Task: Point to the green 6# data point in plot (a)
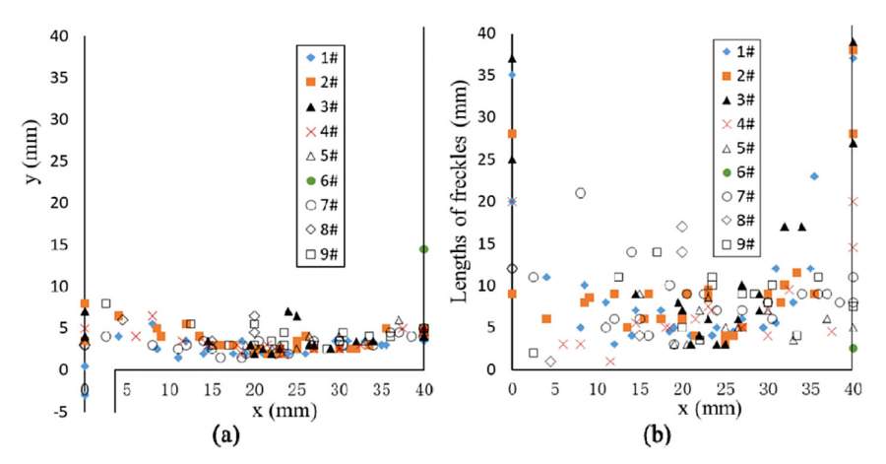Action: (x=423, y=249)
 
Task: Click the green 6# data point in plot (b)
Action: (x=853, y=348)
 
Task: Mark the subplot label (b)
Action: (x=681, y=435)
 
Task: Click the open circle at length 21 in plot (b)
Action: (x=581, y=193)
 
